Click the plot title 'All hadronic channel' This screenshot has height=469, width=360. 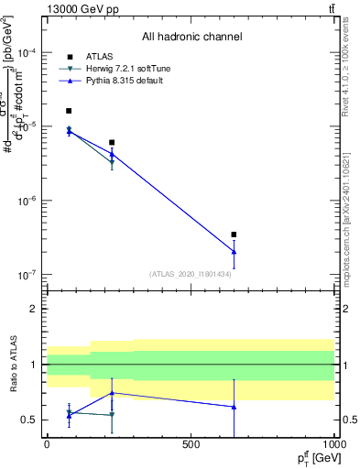[x=191, y=37]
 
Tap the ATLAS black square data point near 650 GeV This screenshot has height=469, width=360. [x=234, y=234]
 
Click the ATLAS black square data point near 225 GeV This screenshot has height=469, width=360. [x=112, y=142]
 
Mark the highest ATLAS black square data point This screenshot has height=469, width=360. [x=69, y=111]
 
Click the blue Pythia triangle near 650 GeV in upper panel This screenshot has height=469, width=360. [x=234, y=252]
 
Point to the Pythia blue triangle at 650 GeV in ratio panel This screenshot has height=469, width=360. [x=234, y=407]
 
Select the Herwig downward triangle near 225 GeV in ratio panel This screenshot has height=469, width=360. [x=112, y=415]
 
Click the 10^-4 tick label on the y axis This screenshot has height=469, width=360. [x=25, y=52]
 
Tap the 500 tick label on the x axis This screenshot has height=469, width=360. [x=191, y=444]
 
